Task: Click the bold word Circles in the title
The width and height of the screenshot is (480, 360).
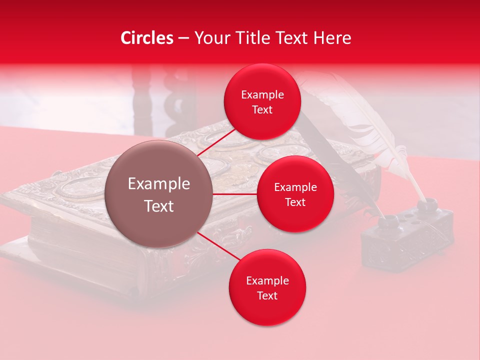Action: point(147,38)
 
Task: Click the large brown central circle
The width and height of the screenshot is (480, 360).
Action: point(159,194)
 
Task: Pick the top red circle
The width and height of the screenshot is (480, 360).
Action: point(262,102)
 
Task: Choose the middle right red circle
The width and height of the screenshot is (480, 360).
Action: point(295,194)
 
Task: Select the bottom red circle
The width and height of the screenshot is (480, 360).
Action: point(267,287)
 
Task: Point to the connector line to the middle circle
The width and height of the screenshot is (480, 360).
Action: point(235,194)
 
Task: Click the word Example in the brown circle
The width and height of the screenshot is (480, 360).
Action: point(159,184)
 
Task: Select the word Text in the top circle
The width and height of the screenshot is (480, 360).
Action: point(262,109)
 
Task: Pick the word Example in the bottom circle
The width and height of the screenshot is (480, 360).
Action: point(267,280)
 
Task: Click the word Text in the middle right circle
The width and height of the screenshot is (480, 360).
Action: point(295,202)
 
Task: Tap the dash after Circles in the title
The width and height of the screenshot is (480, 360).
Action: point(183,38)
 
